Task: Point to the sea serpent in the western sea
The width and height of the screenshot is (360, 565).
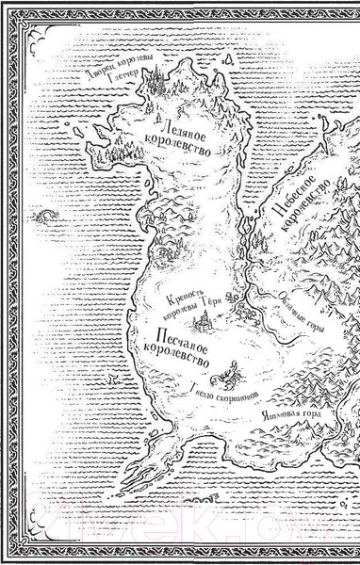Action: click(x=43, y=218)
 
